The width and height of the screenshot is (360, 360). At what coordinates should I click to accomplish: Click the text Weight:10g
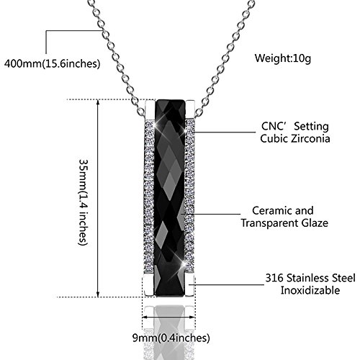coord(283,58)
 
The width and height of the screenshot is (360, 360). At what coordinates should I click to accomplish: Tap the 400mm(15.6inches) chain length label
coord(52,63)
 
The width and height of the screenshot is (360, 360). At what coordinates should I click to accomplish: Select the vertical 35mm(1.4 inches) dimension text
coord(84,202)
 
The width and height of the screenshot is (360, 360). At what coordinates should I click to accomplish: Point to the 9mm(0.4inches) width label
coord(171,338)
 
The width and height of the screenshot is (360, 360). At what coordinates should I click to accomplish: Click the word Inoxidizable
coord(310,290)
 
